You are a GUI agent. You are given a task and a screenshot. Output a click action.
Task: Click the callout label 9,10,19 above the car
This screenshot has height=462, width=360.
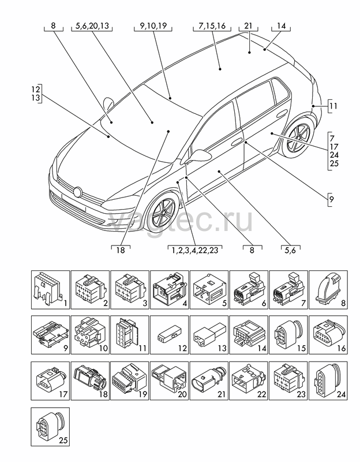coord(153,26)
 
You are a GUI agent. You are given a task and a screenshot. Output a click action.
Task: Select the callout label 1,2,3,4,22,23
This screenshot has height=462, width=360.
coord(195,250)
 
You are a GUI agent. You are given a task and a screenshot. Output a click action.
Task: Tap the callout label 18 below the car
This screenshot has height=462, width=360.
coord(121,250)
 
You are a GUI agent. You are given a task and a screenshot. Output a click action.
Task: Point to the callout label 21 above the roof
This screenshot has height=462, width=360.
coord(248,26)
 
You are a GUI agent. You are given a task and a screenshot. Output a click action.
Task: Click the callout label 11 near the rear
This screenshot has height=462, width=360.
coord(333,106)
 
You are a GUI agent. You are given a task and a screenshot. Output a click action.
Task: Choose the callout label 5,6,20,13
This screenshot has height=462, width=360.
coord(92,26)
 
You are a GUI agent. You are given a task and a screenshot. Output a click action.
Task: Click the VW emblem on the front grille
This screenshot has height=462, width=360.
coord(78,192)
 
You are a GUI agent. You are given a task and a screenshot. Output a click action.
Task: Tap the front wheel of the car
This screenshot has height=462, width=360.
coord(162,210)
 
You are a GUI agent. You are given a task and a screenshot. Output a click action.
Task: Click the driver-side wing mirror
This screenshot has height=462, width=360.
coord(197,155)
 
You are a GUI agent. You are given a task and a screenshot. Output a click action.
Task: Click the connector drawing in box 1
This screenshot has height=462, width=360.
coord(47,288)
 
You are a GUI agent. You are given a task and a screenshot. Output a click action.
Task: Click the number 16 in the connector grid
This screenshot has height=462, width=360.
coord(341,348)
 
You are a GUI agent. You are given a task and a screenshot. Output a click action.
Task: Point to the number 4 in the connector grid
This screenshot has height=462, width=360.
coord(185,303)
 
